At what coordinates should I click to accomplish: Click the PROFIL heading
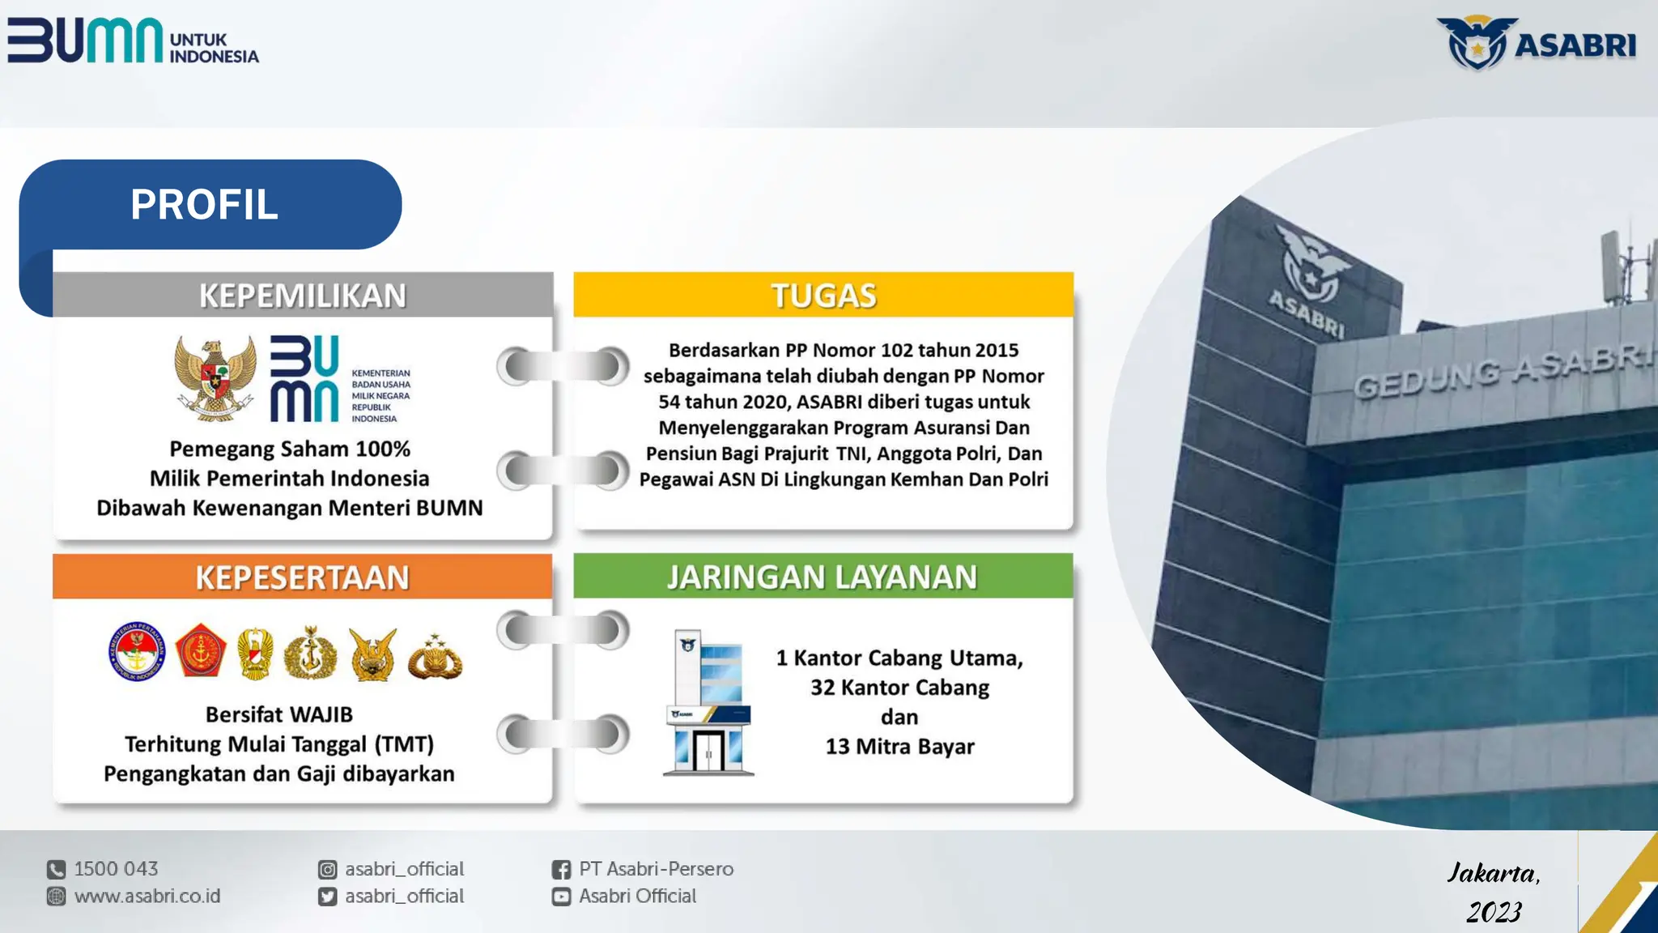coord(204,204)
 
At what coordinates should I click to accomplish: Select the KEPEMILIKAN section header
coord(303,296)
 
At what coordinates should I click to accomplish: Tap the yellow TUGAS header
coord(823,296)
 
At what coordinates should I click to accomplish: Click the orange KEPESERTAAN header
coord(303,577)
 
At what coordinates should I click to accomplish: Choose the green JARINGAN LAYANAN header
coord(823,577)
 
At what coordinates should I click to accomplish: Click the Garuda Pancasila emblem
coord(215,379)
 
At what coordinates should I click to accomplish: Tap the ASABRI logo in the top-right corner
coord(1536,44)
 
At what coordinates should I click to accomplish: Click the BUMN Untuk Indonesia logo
coord(134,40)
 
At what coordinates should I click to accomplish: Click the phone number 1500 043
coord(116,869)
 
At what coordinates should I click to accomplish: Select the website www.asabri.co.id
coord(147,897)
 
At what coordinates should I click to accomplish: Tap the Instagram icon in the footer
coord(327,870)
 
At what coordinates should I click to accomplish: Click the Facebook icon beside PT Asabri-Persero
coord(561,870)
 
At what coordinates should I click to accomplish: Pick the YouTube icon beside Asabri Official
coord(561,897)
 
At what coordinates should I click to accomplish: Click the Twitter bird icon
coord(327,897)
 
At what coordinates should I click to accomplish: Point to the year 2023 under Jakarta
coord(1494,912)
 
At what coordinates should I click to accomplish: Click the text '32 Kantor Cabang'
coord(899,688)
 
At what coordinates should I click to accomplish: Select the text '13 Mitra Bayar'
coord(899,747)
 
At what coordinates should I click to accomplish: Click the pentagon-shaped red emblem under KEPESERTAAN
coord(200,651)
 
